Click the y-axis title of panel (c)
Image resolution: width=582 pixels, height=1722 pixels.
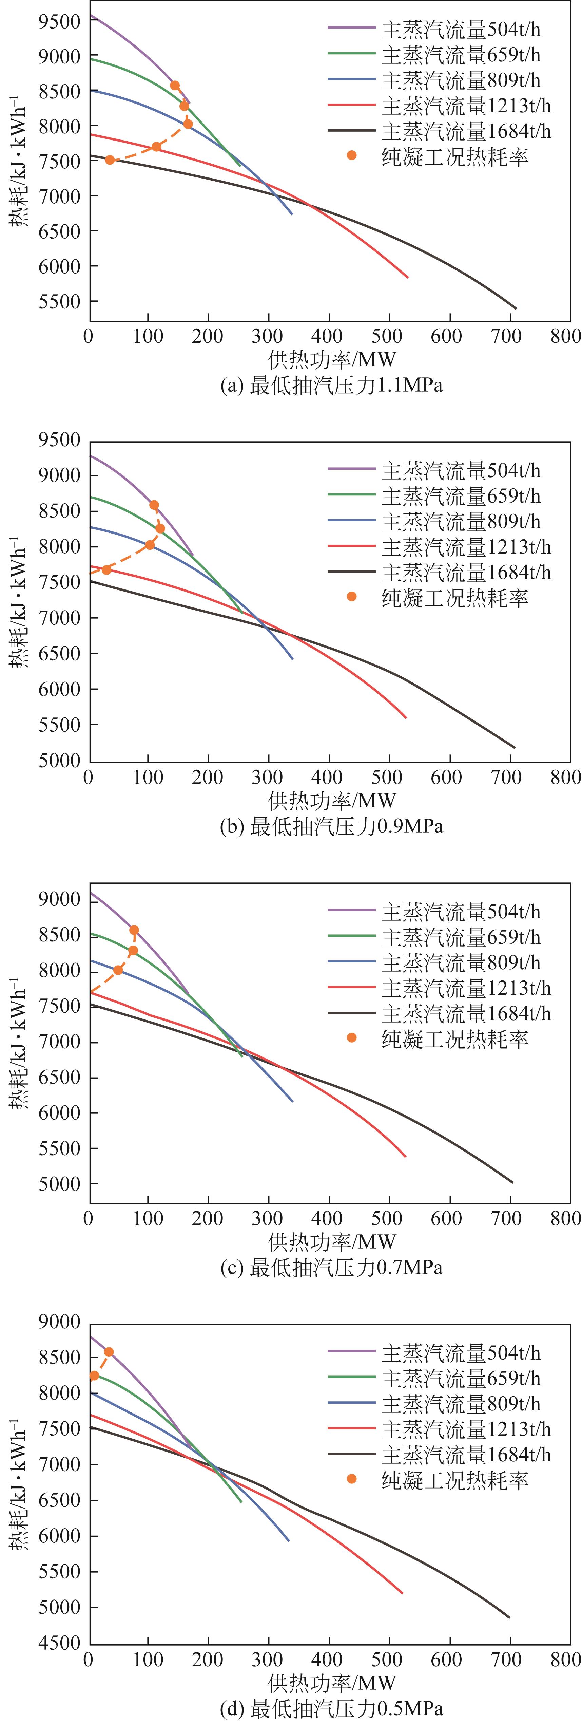coord(19,1043)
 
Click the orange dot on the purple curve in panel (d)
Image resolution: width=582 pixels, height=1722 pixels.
coord(109,1352)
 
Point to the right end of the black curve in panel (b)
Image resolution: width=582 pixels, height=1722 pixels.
coord(515,747)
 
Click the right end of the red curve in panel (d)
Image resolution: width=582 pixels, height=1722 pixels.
coord(402,1593)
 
